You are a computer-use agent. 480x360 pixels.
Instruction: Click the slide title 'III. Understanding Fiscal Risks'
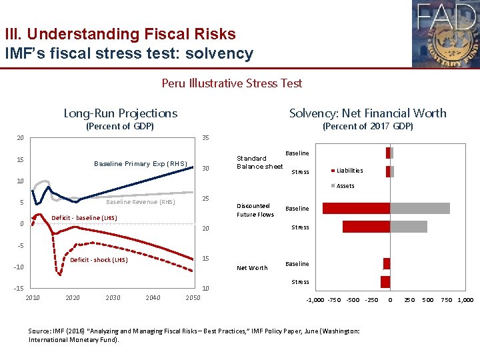(120, 33)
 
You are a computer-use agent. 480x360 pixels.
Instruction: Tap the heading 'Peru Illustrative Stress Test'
(231, 83)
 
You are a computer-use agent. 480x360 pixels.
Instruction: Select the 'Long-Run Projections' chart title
(120, 113)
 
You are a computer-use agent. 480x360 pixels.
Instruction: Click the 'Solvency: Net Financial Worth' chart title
(367, 113)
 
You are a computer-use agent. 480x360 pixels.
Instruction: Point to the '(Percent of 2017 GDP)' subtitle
(367, 126)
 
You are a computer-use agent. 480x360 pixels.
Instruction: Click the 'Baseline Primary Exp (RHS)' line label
(141, 163)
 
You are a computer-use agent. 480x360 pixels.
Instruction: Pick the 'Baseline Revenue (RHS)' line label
(141, 202)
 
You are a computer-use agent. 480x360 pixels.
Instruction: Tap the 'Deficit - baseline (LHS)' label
(84, 217)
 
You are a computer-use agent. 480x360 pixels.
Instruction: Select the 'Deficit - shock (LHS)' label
(99, 260)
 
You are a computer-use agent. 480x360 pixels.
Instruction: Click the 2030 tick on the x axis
(113, 297)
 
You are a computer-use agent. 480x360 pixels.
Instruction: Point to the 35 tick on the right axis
(206, 138)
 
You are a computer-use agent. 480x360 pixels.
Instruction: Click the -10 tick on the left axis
(19, 267)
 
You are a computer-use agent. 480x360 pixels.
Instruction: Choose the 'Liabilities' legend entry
(349, 171)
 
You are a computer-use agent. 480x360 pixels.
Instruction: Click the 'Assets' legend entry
(345, 186)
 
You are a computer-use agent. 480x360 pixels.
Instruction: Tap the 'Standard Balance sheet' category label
(259, 162)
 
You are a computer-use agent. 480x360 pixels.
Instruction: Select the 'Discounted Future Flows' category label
(255, 210)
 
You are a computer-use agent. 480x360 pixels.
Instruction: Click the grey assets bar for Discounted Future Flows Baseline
(420, 208)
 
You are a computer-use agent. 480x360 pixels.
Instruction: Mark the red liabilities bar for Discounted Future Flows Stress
(366, 227)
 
